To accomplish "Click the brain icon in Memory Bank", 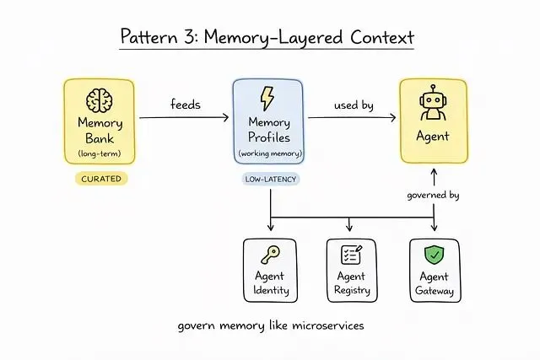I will coord(100,100).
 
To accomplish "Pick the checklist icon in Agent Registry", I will coord(350,255).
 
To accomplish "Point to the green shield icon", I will coord(435,254).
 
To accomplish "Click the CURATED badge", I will coord(100,179).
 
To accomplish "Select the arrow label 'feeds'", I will coord(184,105).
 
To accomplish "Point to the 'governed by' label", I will coord(433,195).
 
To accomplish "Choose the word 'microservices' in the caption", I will coord(322,325).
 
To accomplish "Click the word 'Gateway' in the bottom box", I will coord(435,292).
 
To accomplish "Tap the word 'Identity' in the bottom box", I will coord(270,291).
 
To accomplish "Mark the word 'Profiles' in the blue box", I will coord(267,137).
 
